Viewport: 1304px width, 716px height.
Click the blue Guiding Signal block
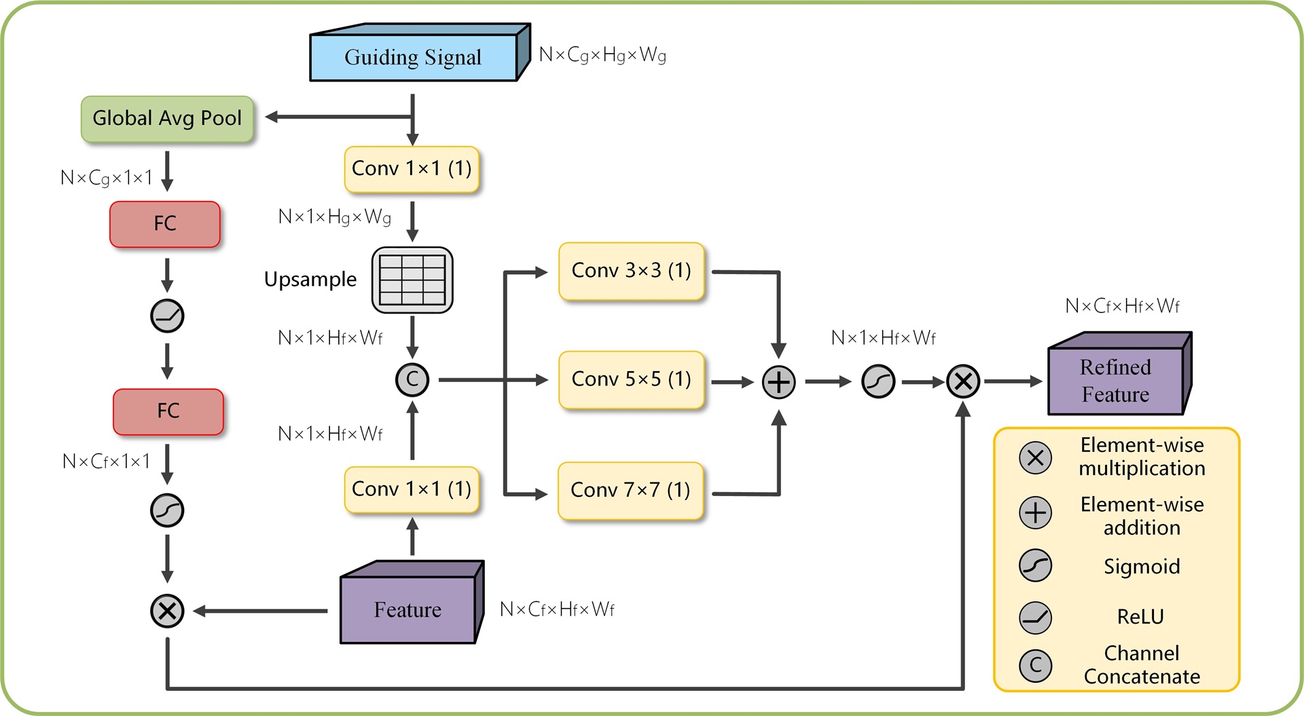[413, 57]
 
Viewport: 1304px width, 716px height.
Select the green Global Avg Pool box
[167, 119]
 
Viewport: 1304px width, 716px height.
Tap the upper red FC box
[165, 224]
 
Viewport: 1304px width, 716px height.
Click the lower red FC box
[168, 411]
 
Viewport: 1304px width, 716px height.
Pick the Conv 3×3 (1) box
[631, 271]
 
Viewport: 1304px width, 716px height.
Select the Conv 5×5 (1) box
[631, 379]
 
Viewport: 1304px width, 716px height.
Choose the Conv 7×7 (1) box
[630, 490]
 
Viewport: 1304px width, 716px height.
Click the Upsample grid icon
[412, 280]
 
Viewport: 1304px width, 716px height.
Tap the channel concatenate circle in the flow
[412, 380]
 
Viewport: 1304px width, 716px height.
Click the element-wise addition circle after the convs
[778, 382]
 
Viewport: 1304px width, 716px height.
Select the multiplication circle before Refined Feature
[963, 381]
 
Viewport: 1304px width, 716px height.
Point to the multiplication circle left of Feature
[167, 611]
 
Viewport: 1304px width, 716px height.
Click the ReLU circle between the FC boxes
[167, 316]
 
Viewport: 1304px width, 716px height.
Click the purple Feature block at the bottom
[407, 609]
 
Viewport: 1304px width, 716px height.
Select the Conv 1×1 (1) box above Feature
[412, 489]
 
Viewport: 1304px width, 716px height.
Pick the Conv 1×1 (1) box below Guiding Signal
[412, 169]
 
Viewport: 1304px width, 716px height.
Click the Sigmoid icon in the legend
[1035, 565]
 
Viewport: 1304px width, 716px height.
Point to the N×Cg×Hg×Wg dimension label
[602, 55]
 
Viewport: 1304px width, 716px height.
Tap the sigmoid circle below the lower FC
[167, 510]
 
